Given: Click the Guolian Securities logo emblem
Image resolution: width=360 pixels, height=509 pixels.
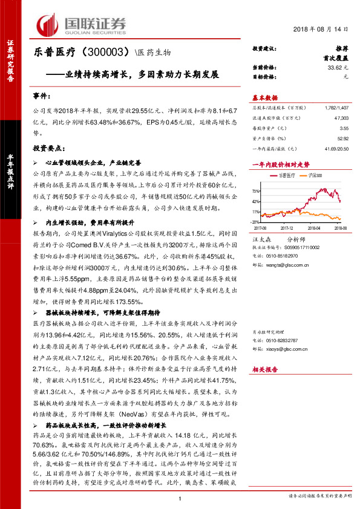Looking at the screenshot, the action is tap(50, 24).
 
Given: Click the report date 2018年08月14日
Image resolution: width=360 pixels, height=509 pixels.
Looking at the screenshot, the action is tap(324, 29).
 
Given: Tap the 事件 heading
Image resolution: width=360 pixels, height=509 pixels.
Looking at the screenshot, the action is tap(41, 96).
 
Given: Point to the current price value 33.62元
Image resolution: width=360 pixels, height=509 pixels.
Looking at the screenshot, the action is tap(338, 68).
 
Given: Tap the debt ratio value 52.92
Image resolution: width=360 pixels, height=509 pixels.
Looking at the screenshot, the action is tap(343, 139).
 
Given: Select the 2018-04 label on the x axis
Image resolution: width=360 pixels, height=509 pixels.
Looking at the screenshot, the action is tap(316, 229).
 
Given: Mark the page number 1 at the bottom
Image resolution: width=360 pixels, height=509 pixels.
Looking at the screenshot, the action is tap(180, 498).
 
